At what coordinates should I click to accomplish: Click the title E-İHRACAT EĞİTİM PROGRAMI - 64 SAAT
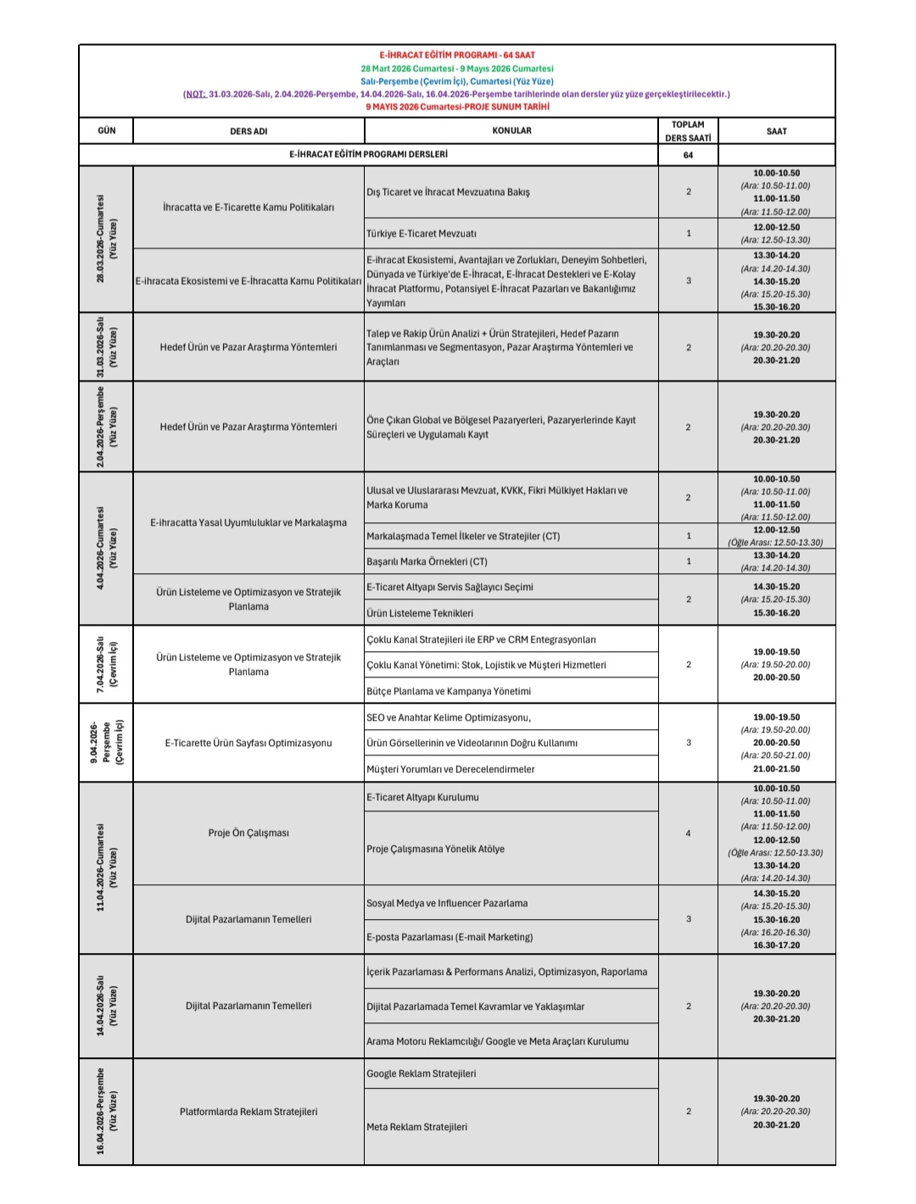point(456,55)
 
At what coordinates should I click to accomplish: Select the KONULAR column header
point(511,131)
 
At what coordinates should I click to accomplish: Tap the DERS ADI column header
point(249,131)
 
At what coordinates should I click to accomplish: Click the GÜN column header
point(107,131)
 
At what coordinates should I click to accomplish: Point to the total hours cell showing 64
point(688,155)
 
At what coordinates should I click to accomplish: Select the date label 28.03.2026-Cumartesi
point(101,239)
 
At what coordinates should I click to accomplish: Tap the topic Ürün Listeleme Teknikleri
point(420,613)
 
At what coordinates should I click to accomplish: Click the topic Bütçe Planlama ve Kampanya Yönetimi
point(449,691)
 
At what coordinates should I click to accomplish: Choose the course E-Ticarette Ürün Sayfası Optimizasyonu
point(249,743)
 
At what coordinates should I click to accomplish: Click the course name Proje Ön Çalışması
point(249,833)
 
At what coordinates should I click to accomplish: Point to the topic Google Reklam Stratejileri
point(421,1073)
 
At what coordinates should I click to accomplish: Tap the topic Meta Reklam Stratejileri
point(416,1127)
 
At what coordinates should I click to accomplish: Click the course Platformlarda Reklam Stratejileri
point(249,1112)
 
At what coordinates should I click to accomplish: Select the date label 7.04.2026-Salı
point(100,664)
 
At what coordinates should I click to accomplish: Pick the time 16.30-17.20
point(776,945)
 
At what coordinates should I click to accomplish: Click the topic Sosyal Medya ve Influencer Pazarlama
point(447,903)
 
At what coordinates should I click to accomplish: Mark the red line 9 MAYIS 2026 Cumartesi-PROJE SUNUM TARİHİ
point(457,107)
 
